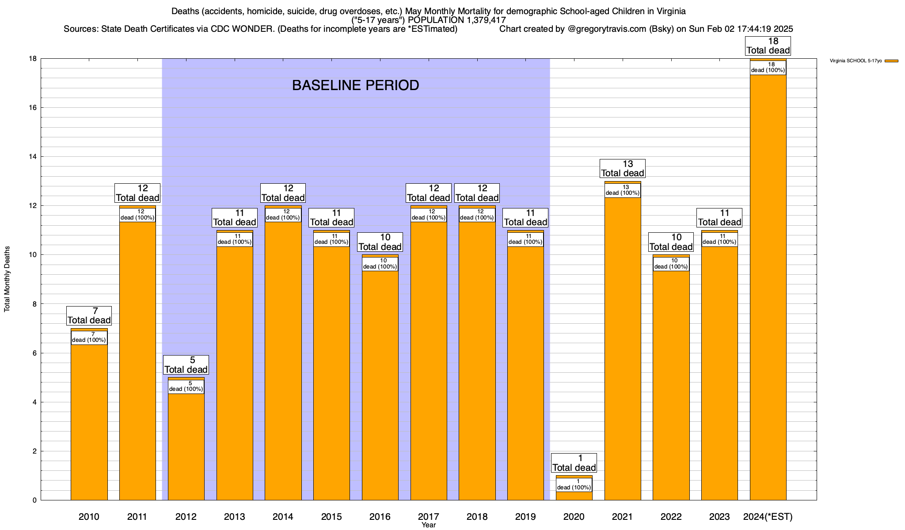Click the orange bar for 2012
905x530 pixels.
tap(186, 446)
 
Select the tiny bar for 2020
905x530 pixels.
tap(574, 495)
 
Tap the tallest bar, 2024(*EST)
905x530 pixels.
tap(768, 287)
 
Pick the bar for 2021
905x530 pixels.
tap(623, 349)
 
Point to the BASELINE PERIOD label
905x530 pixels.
tap(355, 85)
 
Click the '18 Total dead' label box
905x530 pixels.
tap(768, 46)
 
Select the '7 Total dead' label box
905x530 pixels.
tap(89, 316)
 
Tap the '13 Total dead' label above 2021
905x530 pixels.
tap(623, 169)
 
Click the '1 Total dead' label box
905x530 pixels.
tap(574, 463)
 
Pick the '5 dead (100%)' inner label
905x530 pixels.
tap(186, 386)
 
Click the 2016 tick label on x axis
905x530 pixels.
tap(380, 517)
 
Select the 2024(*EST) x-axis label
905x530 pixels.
tap(768, 517)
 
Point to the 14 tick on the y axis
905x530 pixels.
tap(34, 157)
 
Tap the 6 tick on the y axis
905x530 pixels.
tap(34, 353)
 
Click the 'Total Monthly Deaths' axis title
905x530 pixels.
tap(7, 279)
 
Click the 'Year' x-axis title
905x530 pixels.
tap(428, 525)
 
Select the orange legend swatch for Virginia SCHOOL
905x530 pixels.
tap(891, 61)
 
